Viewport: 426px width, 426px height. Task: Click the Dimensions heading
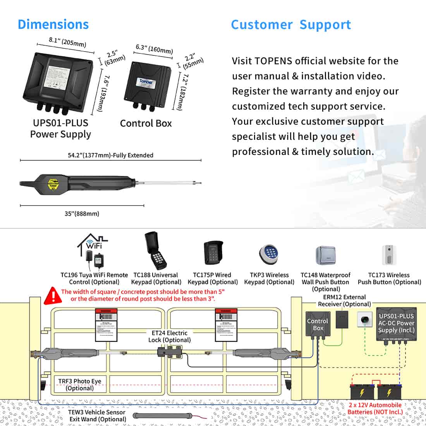click(53, 24)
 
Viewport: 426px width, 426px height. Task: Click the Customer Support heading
click(291, 25)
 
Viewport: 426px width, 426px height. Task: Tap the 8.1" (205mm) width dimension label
click(67, 42)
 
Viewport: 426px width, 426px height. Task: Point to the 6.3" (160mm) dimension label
click(154, 49)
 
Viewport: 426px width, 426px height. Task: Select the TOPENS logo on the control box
click(146, 82)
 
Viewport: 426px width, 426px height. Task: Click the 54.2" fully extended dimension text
click(111, 155)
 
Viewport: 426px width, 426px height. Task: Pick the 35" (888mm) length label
click(82, 213)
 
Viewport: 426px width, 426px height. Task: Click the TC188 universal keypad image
click(156, 251)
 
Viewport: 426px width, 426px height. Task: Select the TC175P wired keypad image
click(212, 253)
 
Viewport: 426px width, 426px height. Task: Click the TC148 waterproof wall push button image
click(325, 256)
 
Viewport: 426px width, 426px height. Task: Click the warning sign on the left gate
click(106, 325)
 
